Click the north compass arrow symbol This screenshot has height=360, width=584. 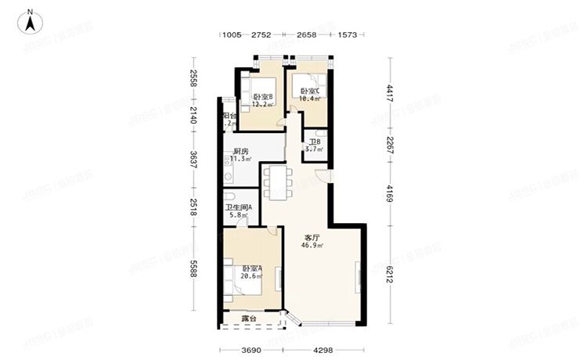click(x=30, y=21)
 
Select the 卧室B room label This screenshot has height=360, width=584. click(x=262, y=96)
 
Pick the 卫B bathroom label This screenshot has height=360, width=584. click(x=314, y=142)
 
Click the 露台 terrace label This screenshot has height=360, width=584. click(x=250, y=319)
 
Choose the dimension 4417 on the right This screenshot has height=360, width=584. click(x=389, y=95)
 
